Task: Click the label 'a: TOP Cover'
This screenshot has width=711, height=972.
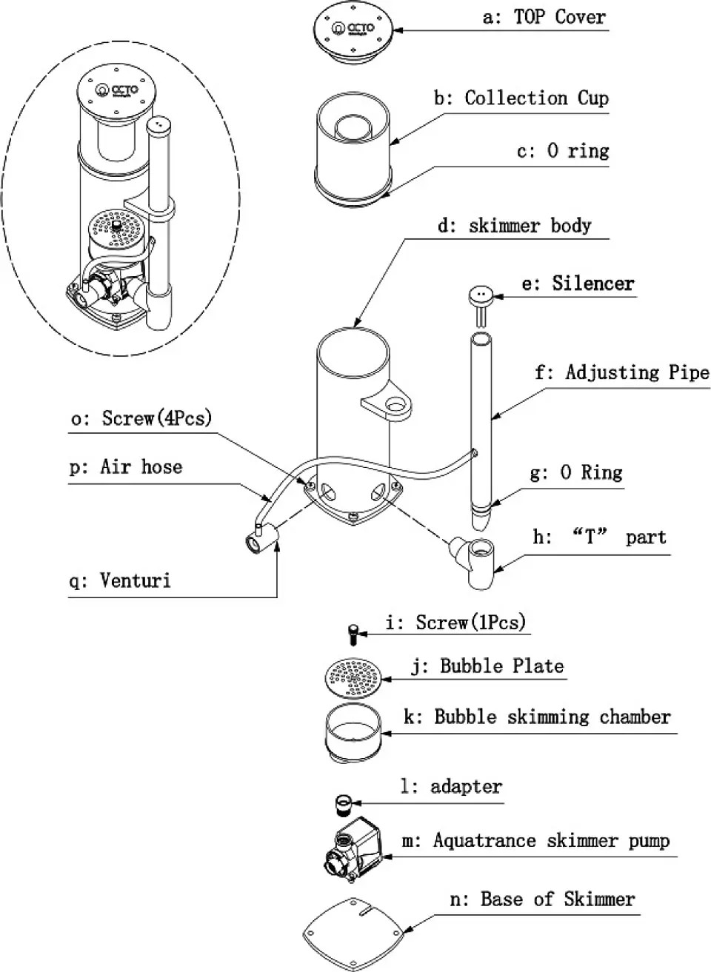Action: click(544, 17)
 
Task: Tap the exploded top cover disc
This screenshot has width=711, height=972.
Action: click(353, 34)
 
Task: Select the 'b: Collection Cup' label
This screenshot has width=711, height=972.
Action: click(521, 98)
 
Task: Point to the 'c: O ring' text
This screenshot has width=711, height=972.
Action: click(563, 151)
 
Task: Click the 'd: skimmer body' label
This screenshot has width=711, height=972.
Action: click(515, 226)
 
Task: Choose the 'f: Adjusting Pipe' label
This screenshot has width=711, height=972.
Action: click(622, 373)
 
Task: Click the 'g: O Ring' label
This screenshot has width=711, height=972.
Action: click(576, 472)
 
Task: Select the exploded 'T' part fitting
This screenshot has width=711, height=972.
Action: click(473, 561)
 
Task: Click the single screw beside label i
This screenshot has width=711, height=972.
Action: click(353, 634)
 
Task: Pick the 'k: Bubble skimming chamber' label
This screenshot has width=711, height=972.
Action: click(537, 717)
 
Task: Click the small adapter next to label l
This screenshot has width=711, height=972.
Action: click(343, 803)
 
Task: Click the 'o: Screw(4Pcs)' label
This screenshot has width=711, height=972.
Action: click(141, 418)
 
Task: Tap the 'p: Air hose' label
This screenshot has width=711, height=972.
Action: click(126, 467)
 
